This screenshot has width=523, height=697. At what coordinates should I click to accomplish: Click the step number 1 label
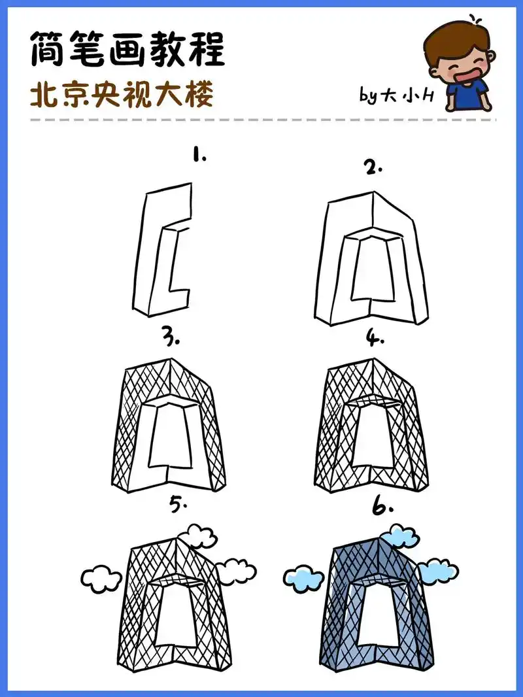[199, 157]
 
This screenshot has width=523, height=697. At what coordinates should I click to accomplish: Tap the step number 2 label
[373, 168]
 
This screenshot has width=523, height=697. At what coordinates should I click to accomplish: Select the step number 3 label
[172, 340]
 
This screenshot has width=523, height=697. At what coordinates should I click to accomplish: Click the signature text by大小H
[396, 96]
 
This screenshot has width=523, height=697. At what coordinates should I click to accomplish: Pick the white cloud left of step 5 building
[101, 578]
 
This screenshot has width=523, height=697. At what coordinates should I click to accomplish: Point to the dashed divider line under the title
[261, 121]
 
